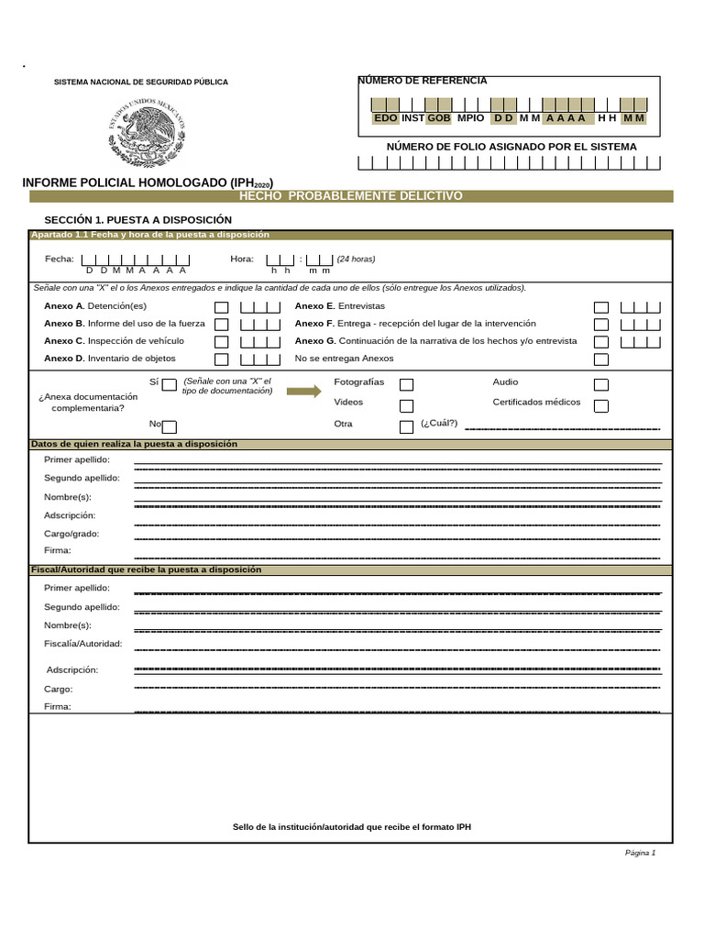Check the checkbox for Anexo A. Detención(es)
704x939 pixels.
[x=221, y=307]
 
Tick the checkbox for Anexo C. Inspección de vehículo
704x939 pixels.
[x=221, y=342]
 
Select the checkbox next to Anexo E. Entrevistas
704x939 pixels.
[x=600, y=307]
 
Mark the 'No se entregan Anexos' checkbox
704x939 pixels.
[x=600, y=359]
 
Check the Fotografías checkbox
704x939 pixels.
[x=406, y=385]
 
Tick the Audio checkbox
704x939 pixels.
[x=600, y=385]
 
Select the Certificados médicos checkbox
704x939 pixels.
[x=600, y=405]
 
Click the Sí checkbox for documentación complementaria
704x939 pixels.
[x=169, y=385]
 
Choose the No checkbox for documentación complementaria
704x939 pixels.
[x=169, y=425]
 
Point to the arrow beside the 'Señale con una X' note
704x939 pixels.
[x=303, y=392]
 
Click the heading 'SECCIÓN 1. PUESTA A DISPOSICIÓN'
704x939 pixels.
[x=137, y=220]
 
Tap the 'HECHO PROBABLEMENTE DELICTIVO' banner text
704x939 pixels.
[x=351, y=196]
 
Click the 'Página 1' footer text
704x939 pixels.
[x=640, y=853]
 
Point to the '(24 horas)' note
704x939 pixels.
[x=356, y=259]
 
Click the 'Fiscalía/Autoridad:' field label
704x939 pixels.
[x=83, y=644]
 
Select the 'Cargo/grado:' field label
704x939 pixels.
[x=71, y=534]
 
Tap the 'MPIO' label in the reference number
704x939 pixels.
[x=470, y=118]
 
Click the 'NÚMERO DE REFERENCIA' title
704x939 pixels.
[x=423, y=81]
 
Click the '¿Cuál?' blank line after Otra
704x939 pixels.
[x=562, y=427]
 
